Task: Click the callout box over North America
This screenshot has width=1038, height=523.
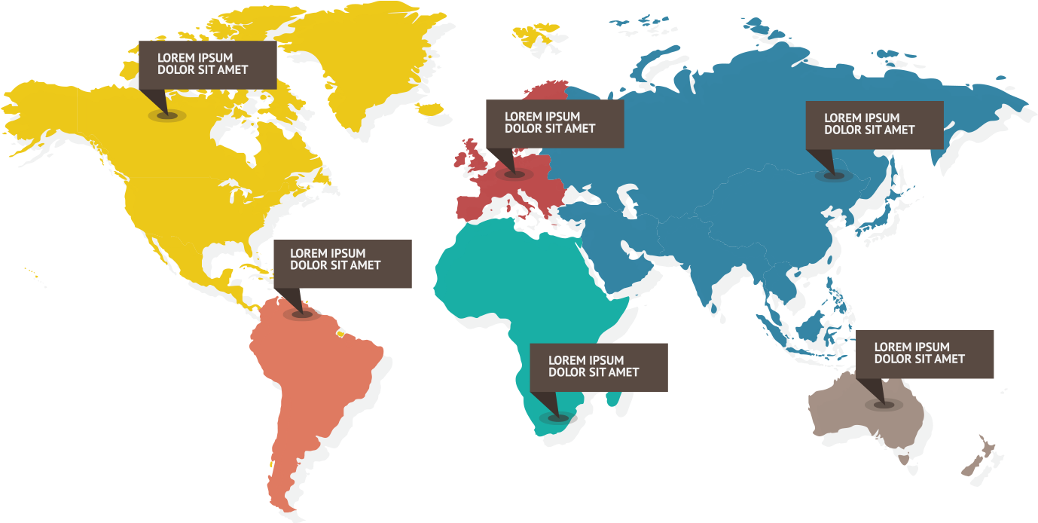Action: coord(207,64)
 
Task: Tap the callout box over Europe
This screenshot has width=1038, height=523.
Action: coord(554,123)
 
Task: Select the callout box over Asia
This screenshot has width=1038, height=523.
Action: coord(874,124)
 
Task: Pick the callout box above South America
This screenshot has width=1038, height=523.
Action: coord(342,263)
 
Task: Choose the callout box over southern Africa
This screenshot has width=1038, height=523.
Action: coord(599,366)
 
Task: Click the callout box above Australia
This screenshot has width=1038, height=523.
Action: coord(924,353)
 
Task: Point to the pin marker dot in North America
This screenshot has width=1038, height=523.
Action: coord(166,115)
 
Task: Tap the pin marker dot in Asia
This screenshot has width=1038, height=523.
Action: coord(834,175)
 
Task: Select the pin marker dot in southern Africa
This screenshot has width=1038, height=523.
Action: coord(558,417)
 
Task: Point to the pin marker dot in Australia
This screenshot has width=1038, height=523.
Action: coord(884,405)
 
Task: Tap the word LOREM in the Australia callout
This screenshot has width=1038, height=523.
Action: coord(892,347)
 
